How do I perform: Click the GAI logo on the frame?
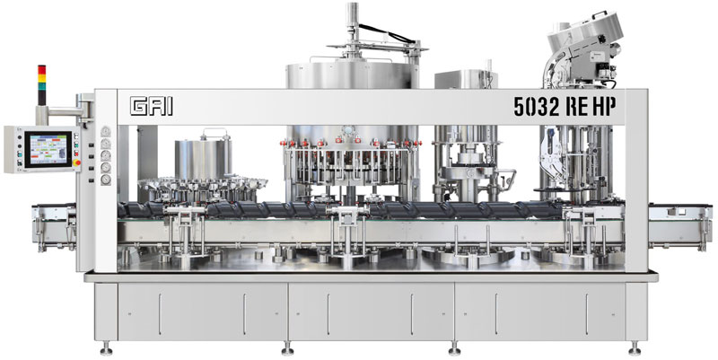pyautogui.click(x=152, y=106)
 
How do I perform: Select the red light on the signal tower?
pyautogui.click(x=41, y=69)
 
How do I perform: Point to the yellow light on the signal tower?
pyautogui.click(x=41, y=77)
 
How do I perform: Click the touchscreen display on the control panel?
pyautogui.click(x=48, y=149)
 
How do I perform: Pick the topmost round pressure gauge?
pyautogui.click(x=106, y=131)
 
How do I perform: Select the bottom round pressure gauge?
pyautogui.click(x=106, y=180)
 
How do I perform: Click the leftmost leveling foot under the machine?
pyautogui.click(x=106, y=349)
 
